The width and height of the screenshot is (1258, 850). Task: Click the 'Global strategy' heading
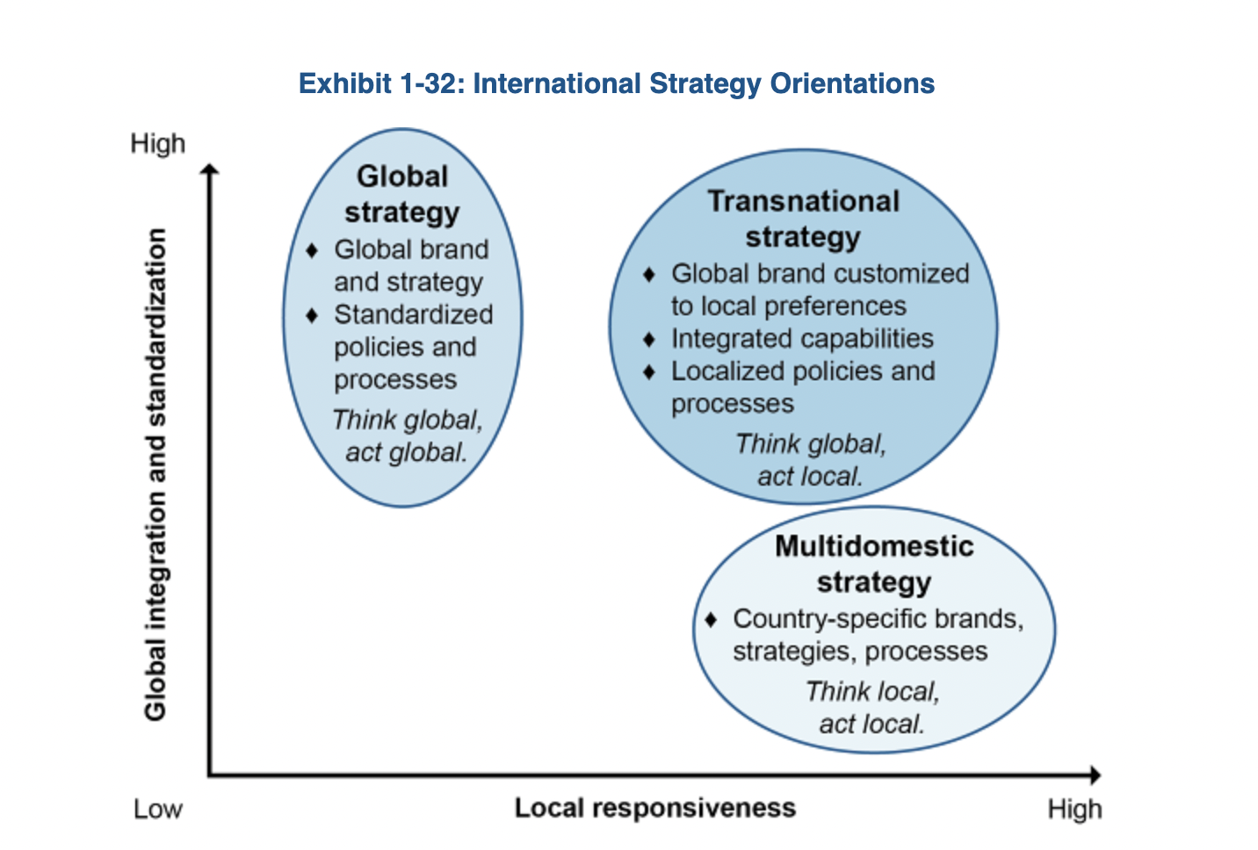click(402, 194)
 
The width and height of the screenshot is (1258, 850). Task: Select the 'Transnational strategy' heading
click(803, 219)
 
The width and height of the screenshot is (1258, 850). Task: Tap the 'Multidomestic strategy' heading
click(874, 564)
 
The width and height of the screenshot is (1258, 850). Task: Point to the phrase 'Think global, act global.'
click(406, 436)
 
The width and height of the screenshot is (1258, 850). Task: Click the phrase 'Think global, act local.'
click(810, 460)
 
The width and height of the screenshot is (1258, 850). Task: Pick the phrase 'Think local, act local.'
click(871, 708)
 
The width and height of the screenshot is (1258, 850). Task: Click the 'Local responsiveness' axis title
click(654, 808)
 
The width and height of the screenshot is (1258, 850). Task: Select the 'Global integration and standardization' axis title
click(155, 474)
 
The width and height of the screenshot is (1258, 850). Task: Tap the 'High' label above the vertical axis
click(158, 143)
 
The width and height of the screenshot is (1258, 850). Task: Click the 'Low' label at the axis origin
click(158, 809)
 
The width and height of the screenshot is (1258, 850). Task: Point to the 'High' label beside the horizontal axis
click(1074, 809)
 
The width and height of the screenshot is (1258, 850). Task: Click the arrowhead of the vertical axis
click(210, 170)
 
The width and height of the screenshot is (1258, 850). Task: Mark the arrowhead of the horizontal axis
click(1095, 774)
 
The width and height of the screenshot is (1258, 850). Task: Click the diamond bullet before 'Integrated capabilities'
click(649, 339)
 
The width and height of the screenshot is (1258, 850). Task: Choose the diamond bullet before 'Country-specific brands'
click(711, 619)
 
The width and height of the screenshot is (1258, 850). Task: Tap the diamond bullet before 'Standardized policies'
click(312, 314)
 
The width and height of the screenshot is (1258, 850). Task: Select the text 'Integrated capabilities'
click(802, 339)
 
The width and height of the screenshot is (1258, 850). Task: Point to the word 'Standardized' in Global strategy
click(413, 314)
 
